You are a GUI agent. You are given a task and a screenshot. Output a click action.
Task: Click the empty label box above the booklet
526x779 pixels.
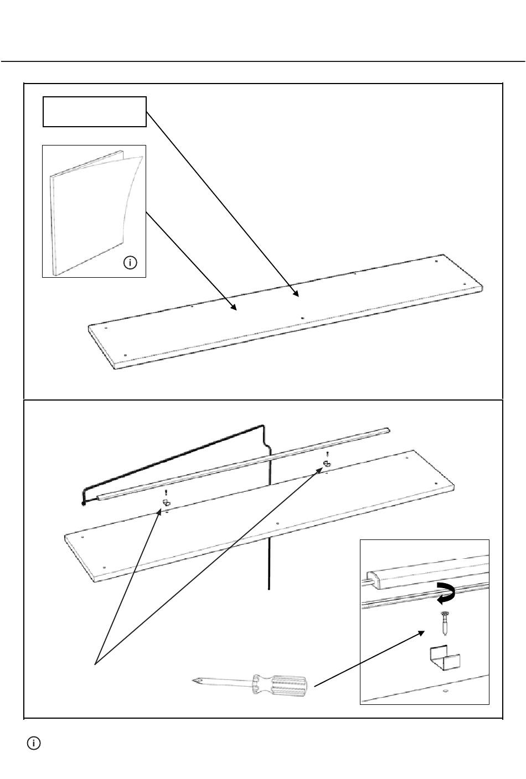tap(95, 112)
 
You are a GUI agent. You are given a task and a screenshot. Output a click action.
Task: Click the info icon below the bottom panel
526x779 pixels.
tap(34, 744)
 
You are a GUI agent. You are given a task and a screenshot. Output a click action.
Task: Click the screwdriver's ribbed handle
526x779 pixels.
tap(280, 687)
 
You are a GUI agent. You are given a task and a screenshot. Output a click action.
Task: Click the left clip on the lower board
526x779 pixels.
tap(166, 503)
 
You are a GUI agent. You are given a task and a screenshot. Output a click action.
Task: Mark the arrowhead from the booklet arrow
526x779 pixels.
tap(235, 308)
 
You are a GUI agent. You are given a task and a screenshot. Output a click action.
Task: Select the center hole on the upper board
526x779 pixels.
tap(302, 318)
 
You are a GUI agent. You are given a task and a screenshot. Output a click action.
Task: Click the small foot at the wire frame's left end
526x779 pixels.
tap(84, 503)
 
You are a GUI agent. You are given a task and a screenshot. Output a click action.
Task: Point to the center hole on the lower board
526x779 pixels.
tap(277, 522)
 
